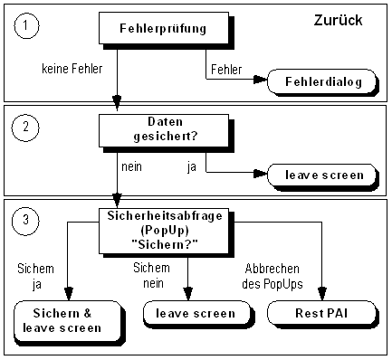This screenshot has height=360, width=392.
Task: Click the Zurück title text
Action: pyautogui.click(x=339, y=19)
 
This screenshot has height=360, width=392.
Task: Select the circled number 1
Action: pyautogui.click(x=26, y=27)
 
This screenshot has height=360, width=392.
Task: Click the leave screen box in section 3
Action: pyautogui.click(x=189, y=313)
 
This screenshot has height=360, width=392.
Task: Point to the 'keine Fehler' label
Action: pyautogui.click(x=72, y=68)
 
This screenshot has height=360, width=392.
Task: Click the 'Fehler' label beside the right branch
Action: pyautogui.click(x=225, y=69)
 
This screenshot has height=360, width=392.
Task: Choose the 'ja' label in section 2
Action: pyautogui.click(x=192, y=166)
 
